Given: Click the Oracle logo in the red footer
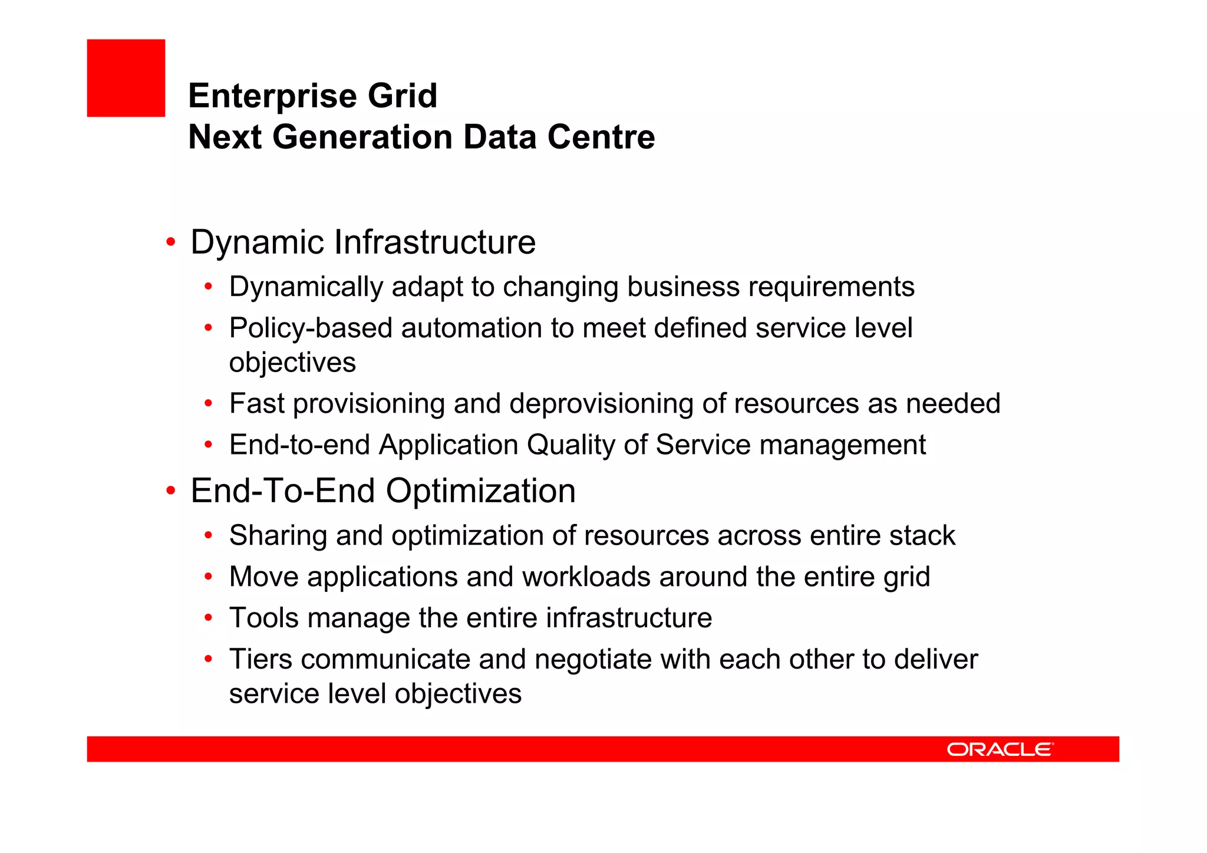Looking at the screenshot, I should (x=1000, y=749).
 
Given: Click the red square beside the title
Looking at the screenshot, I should (x=126, y=78).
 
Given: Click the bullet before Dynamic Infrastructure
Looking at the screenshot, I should (x=171, y=242).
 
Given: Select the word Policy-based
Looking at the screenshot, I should (x=311, y=328).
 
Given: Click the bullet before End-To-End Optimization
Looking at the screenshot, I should (x=171, y=490).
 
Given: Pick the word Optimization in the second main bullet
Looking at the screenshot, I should (x=480, y=490).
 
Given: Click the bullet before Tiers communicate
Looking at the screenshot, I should (x=208, y=659).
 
